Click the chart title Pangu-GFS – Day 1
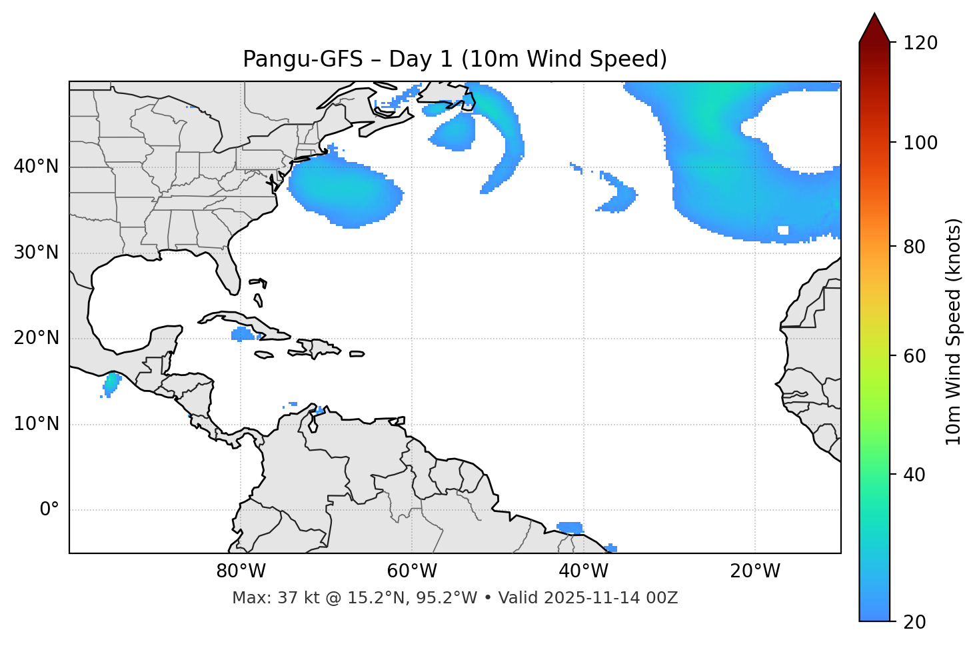(x=455, y=59)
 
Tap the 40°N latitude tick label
(x=36, y=167)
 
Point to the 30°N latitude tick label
(x=36, y=253)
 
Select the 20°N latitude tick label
(x=36, y=339)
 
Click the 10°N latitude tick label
(x=36, y=424)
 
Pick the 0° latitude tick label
(x=49, y=510)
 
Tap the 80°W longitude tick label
(x=241, y=571)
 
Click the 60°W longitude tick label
(x=412, y=571)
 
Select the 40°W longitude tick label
(x=583, y=571)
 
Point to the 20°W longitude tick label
(x=755, y=571)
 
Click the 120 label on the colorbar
(x=920, y=43)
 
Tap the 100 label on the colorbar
(x=920, y=143)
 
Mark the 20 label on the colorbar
(x=915, y=622)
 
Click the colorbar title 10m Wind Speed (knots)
(x=954, y=331)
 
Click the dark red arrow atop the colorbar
(x=874, y=28)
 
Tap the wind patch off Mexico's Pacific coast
(x=111, y=384)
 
